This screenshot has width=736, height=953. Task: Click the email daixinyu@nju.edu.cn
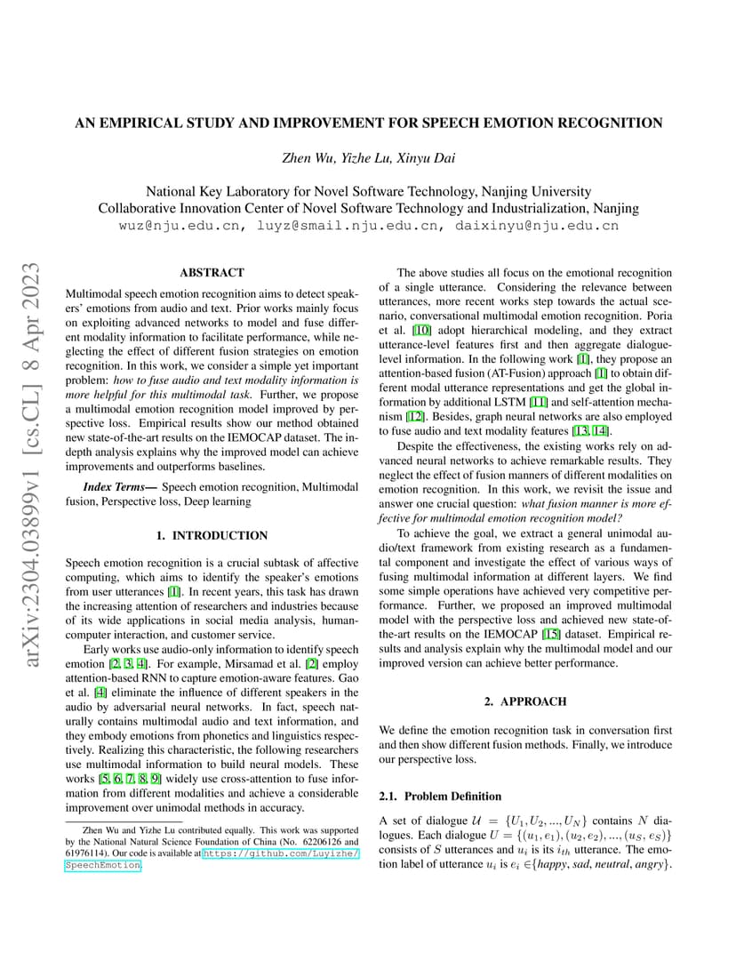tap(537, 226)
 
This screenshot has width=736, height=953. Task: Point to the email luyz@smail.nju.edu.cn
tap(348, 226)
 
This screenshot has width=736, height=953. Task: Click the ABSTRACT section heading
tap(212, 273)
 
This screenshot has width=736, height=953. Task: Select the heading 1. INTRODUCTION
tap(212, 535)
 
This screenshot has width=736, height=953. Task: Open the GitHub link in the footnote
tap(281, 853)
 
